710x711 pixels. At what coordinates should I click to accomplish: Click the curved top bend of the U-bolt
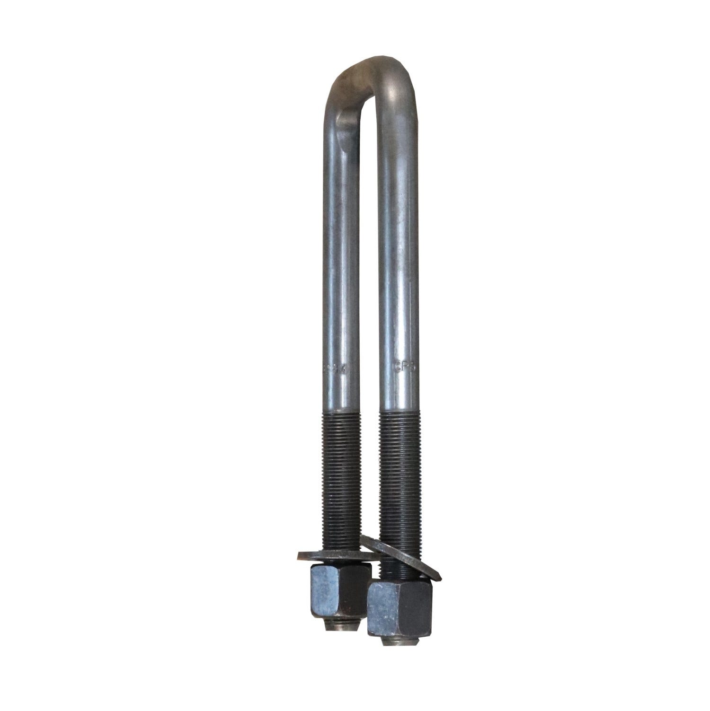[374, 71]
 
